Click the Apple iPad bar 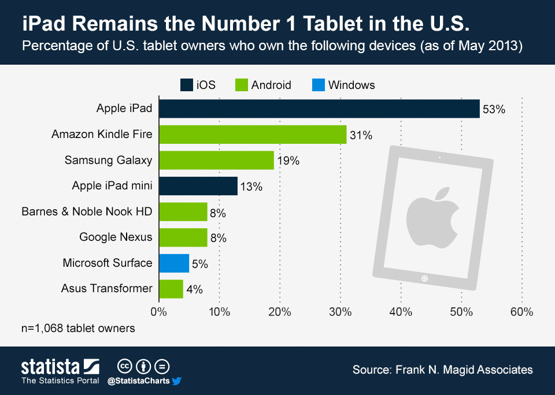click(x=319, y=109)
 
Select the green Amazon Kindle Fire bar click(x=252, y=135)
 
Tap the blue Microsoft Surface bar click(x=173, y=263)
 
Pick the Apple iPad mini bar click(x=198, y=186)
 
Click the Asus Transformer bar click(x=171, y=289)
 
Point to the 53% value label click(x=494, y=110)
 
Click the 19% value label click(x=288, y=161)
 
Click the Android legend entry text click(x=271, y=85)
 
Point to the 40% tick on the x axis click(x=401, y=312)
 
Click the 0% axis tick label click(x=158, y=312)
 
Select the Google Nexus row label click(x=116, y=237)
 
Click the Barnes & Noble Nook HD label click(x=87, y=211)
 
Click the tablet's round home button click(x=425, y=279)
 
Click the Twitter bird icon click(x=177, y=381)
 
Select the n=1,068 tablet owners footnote click(x=78, y=329)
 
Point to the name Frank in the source click(x=410, y=370)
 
